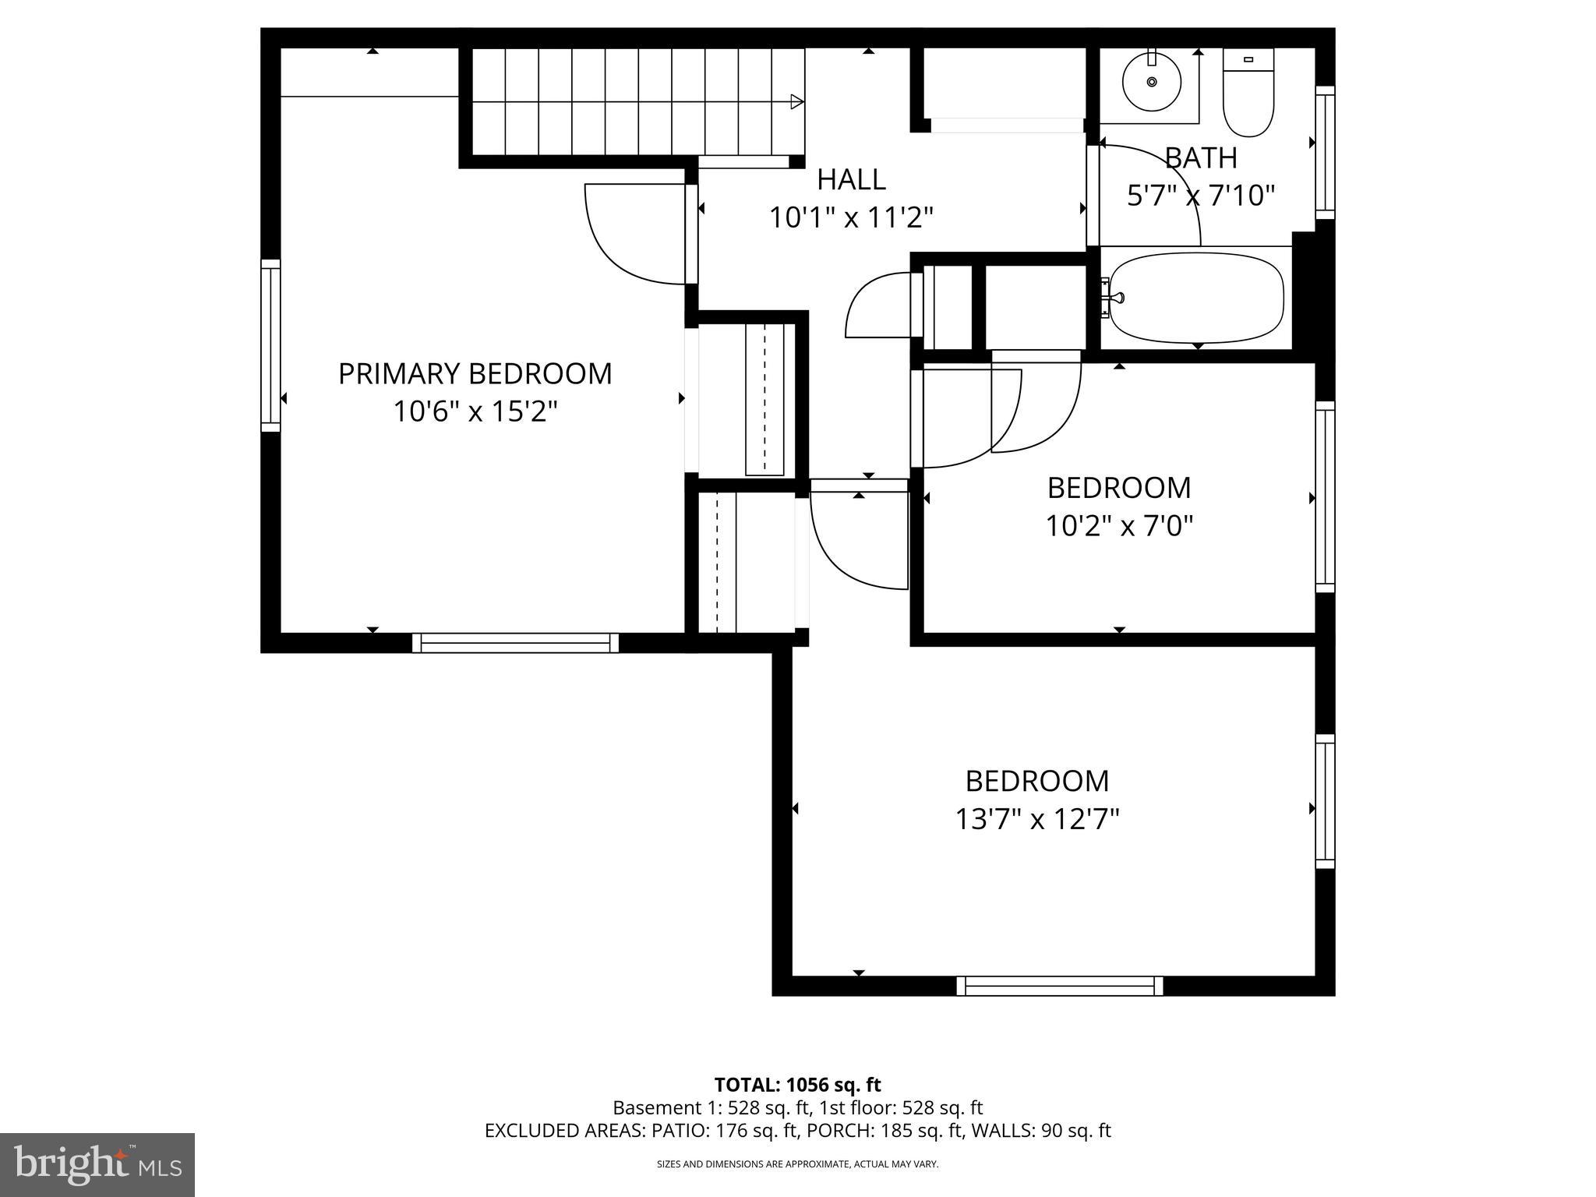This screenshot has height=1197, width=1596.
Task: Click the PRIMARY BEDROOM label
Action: coord(475,374)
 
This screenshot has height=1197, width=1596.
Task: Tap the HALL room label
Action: coord(851,180)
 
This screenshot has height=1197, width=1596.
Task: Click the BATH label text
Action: coord(1201,158)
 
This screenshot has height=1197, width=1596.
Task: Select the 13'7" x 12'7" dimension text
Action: coord(1036,819)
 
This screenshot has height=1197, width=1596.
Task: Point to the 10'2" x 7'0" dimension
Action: coord(1119,526)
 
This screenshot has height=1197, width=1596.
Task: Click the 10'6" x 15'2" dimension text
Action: coord(475,411)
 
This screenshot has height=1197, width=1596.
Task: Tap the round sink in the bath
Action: coord(1151,81)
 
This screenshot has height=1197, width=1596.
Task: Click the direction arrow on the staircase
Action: coord(796,101)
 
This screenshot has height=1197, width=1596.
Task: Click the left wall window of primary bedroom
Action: coord(270,345)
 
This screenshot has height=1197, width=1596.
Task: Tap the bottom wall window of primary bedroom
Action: coord(515,643)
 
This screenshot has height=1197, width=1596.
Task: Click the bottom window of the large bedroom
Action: coord(1060,986)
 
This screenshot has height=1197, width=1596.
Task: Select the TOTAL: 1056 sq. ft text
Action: coord(797,1085)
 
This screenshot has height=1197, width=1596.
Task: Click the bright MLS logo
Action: coord(97,1164)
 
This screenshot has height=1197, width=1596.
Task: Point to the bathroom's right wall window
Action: coord(1325,153)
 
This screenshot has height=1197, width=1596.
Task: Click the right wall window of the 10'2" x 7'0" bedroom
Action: coord(1325,497)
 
